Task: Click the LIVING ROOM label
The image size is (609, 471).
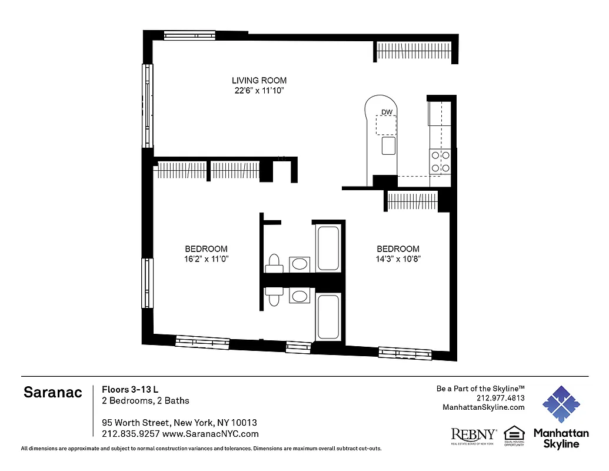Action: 259,81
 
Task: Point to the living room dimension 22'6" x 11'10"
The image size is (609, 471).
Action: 259,91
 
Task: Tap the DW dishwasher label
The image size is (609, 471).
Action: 387,112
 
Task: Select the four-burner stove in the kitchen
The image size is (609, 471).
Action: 441,162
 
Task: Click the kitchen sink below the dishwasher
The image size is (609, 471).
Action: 388,145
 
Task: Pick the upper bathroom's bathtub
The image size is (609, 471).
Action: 328,248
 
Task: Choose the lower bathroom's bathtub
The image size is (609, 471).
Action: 328,317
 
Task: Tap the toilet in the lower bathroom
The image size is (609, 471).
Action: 274,294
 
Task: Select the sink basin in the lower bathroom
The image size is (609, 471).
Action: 300,295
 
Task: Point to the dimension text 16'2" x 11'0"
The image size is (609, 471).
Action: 206,259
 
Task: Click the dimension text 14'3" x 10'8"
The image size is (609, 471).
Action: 398,259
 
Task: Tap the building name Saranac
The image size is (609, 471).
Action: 53,393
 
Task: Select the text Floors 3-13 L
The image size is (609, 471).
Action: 130,389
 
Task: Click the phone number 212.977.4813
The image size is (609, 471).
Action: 500,398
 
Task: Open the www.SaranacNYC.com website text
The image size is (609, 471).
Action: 210,434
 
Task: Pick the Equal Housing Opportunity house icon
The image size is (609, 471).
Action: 514,434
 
